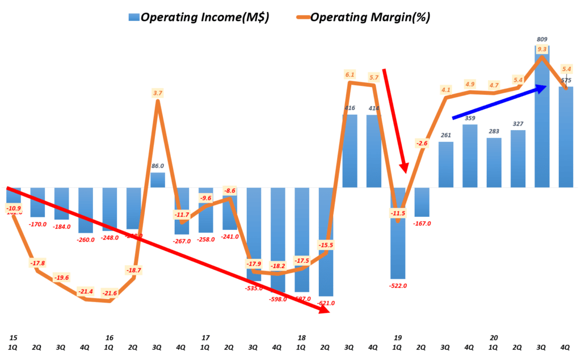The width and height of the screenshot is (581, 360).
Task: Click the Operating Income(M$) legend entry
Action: [199, 17]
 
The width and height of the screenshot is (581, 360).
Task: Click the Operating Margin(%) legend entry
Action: [363, 17]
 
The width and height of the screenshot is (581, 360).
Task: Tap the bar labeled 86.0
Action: [158, 180]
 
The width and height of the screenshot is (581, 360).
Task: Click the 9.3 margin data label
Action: [542, 49]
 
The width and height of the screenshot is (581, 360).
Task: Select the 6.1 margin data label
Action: [350, 74]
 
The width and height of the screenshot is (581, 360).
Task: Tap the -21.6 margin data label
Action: [110, 293]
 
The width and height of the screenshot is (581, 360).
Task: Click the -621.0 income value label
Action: [325, 303]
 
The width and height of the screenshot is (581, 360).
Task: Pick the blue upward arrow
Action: [499, 102]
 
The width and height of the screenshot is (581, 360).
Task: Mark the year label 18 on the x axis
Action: [302, 337]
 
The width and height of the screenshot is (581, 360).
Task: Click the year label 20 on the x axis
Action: [494, 337]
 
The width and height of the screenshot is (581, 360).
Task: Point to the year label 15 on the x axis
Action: [13, 337]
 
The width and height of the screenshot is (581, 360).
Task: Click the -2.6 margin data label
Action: [422, 144]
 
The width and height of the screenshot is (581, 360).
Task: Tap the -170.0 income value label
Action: [37, 224]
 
